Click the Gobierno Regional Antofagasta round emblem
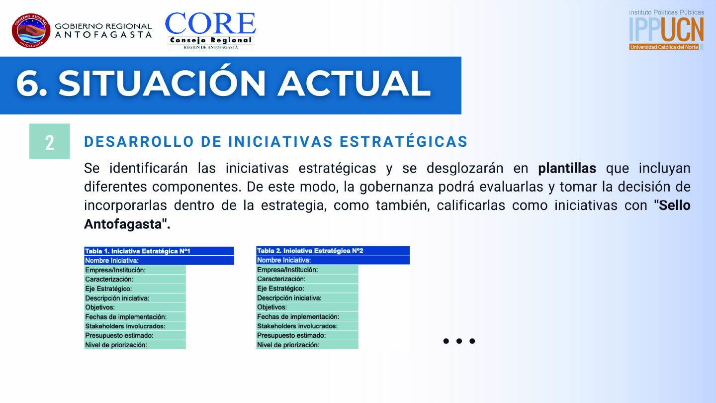[31, 31]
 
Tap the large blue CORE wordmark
[210, 24]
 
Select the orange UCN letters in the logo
[682, 29]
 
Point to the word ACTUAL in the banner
[354, 83]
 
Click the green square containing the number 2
[50, 141]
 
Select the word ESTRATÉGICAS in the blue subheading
[404, 142]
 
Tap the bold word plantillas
[567, 169]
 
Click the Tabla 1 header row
[159, 251]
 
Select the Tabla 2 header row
[333, 251]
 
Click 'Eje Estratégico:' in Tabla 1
[108, 289]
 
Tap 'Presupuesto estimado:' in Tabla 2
[291, 335]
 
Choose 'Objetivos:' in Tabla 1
[100, 307]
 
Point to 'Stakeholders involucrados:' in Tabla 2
[297, 326]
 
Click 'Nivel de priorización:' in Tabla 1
[116, 345]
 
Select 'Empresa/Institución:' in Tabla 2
[287, 270]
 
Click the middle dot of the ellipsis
[459, 341]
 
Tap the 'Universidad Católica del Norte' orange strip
[664, 47]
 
